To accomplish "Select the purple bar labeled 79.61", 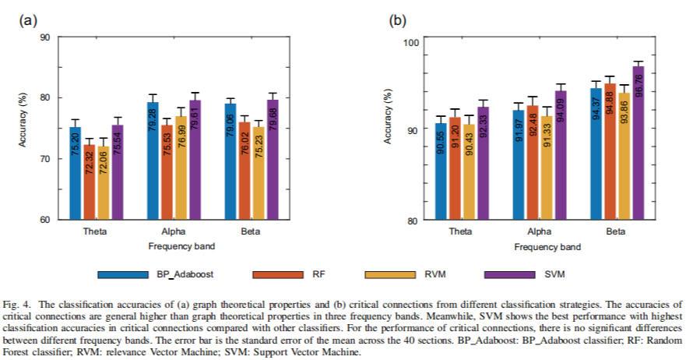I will click(x=195, y=160).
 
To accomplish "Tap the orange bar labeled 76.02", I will click(x=244, y=171).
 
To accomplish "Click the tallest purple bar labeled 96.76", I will click(x=639, y=143).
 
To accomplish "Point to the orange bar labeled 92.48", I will click(x=533, y=163).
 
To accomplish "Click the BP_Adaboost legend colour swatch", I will click(x=123, y=274).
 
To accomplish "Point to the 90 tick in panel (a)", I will click(x=45, y=37).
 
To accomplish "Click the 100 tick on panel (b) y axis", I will click(x=408, y=42).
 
